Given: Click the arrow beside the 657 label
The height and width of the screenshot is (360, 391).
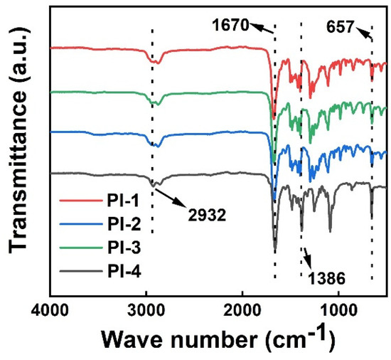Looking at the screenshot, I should [363, 32].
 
